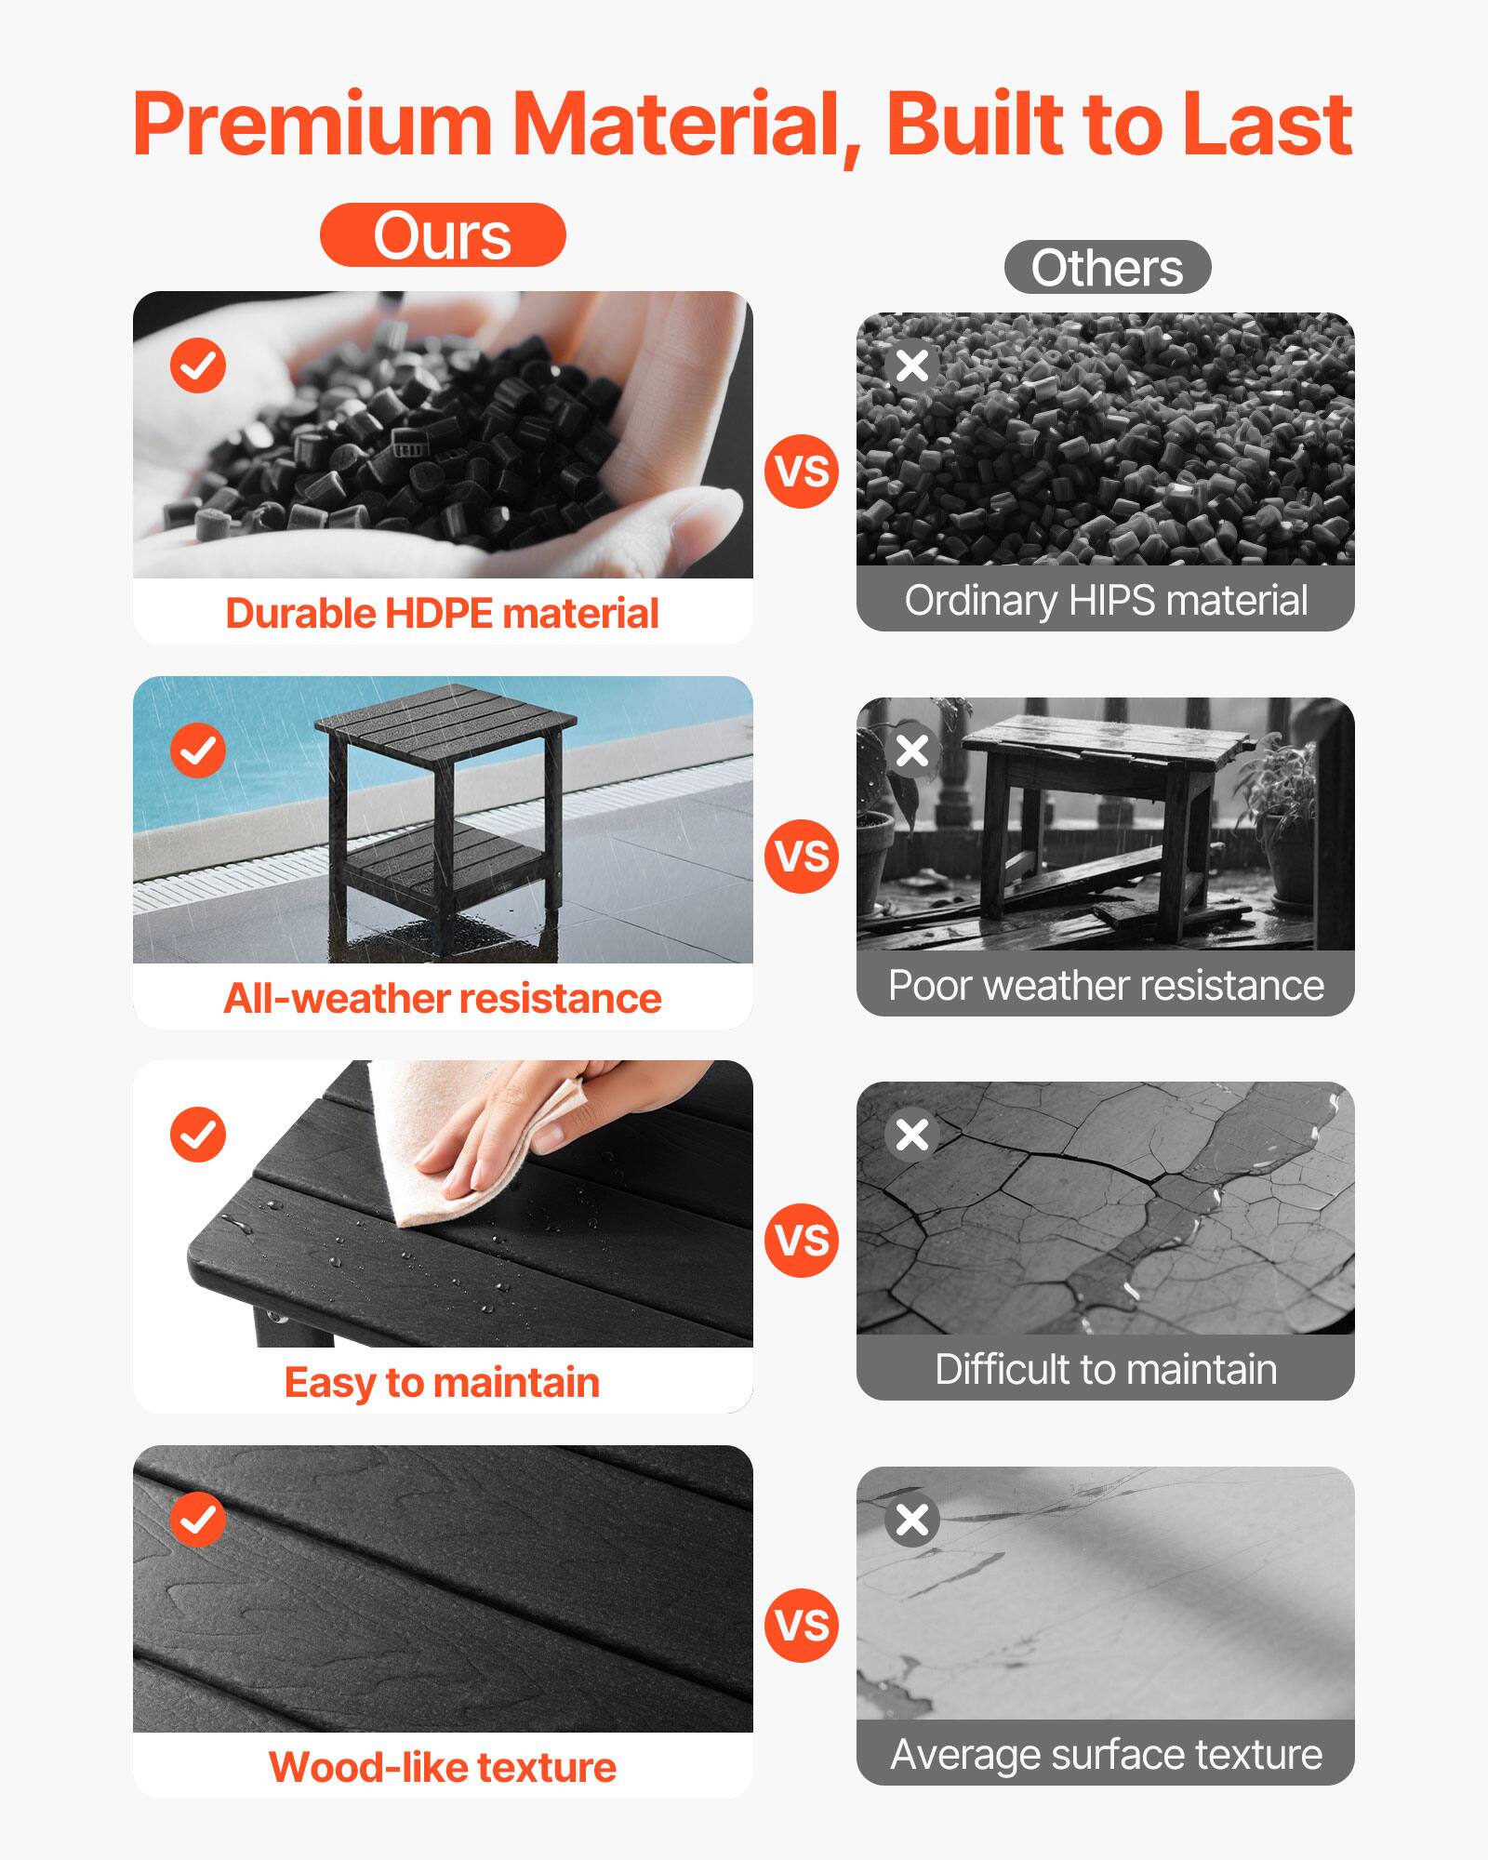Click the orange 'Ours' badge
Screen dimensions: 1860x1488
443,235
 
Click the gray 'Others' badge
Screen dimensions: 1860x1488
1107,268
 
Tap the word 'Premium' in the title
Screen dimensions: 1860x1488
312,125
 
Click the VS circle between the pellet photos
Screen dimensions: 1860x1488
802,472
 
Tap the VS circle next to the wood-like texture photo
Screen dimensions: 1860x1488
802,1626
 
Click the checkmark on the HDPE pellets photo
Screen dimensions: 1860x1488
198,365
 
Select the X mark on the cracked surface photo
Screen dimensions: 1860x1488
912,1135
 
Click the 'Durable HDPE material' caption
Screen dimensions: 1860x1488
443,614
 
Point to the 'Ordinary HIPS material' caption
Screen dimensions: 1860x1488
1106,601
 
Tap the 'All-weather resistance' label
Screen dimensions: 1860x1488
443,999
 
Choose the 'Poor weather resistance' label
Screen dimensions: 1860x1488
1106,986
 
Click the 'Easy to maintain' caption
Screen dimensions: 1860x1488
443,1383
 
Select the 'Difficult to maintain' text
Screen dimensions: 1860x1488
1106,1370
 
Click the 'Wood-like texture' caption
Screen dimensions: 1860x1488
443,1767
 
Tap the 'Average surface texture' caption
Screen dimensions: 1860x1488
1106,1755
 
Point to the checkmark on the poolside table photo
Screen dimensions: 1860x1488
198,750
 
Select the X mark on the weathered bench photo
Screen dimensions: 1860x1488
912,750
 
